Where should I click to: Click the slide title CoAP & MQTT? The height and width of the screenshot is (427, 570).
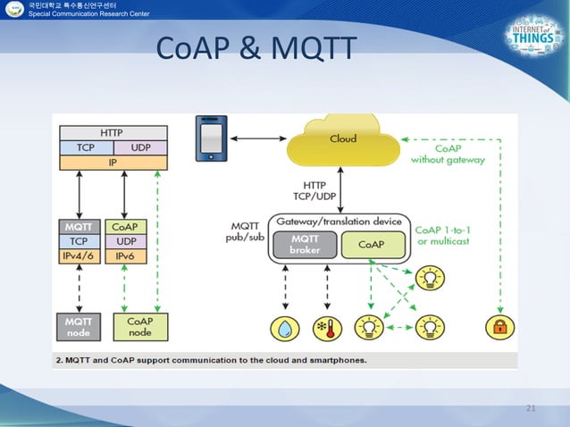pos(256,50)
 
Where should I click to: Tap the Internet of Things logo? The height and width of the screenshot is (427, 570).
pos(534,37)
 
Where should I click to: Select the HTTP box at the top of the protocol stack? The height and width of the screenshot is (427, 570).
pos(112,132)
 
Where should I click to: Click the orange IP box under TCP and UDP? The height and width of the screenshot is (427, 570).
pos(112,163)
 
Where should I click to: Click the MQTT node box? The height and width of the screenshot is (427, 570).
pos(79,326)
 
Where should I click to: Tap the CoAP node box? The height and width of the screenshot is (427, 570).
pos(139,326)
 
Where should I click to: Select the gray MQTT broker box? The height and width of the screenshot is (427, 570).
pos(305,244)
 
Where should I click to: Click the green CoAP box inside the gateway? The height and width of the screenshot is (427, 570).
pos(371,244)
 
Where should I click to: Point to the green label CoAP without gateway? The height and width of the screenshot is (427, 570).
pos(448,155)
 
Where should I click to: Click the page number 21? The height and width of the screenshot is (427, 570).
pos(531,409)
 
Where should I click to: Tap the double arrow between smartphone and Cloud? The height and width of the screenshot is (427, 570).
pos(258,138)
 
